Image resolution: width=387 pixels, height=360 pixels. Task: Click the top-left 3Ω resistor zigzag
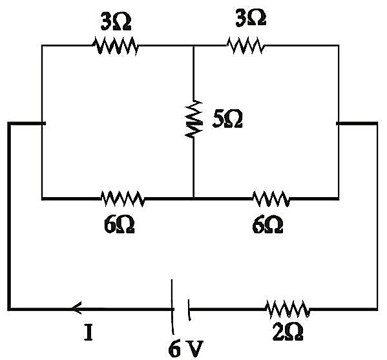[115, 46]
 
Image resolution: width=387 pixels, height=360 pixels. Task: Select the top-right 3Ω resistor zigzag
[246, 45]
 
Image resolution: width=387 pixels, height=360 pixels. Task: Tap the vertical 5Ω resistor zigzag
[194, 119]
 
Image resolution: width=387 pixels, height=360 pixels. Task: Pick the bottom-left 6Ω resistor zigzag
[123, 198]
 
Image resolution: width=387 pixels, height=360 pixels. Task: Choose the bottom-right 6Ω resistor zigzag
[271, 198]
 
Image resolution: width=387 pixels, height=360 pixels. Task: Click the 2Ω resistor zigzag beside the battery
[288, 309]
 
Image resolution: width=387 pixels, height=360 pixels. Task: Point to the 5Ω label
[227, 119]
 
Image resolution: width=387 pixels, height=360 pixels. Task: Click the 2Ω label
[288, 332]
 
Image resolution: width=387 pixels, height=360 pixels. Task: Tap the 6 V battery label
[186, 348]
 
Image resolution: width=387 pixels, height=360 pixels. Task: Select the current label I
[89, 332]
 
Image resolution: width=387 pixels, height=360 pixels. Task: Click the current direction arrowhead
[76, 308]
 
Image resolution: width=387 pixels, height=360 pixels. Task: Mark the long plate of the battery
[173, 307]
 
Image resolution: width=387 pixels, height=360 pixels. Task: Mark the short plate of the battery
[189, 310]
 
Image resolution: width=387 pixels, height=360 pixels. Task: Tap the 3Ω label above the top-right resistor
[251, 18]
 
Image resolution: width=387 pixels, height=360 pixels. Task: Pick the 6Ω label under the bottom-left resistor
[120, 225]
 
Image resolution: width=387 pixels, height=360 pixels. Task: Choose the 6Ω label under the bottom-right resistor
[267, 225]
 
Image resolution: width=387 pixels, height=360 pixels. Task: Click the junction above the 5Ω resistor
[194, 46]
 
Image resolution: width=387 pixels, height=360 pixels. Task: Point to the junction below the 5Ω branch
[194, 198]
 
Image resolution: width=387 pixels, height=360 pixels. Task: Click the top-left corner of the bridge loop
[42, 46]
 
